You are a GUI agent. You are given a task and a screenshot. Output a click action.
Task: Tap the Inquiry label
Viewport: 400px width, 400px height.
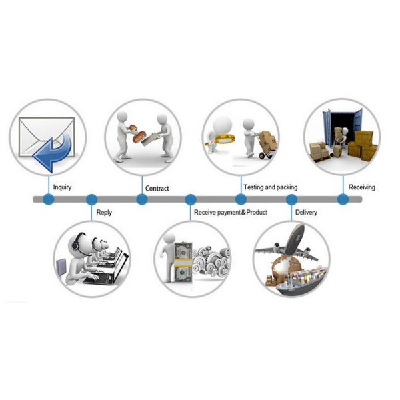(x=62, y=187)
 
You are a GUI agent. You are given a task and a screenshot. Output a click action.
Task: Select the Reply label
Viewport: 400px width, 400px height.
(x=104, y=213)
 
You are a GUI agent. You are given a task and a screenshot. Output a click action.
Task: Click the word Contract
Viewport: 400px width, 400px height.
(x=157, y=189)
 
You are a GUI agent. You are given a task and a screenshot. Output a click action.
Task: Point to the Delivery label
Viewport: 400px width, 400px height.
(x=306, y=213)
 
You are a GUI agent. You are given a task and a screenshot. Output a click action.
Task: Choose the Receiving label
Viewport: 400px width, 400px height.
(x=362, y=187)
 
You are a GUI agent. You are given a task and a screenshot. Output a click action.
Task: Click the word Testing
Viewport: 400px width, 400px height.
(x=253, y=187)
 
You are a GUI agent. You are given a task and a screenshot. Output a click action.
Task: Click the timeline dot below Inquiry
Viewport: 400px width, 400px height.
(x=49, y=199)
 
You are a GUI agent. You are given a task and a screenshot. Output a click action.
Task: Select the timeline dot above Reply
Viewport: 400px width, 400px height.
(x=91, y=199)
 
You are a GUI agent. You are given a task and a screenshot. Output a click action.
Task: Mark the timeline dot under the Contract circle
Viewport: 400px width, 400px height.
(x=142, y=199)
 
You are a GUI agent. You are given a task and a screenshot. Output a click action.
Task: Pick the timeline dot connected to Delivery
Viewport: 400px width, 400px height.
(x=291, y=199)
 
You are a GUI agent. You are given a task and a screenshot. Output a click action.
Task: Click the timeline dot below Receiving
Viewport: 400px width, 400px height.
(x=343, y=199)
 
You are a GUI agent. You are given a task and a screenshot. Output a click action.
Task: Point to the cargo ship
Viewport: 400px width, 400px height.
(x=301, y=281)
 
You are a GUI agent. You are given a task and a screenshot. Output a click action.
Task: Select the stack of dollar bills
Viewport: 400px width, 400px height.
(x=183, y=263)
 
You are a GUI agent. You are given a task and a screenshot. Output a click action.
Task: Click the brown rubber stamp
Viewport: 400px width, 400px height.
(x=138, y=133)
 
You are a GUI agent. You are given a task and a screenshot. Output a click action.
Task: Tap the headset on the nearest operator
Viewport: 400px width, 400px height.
(x=76, y=242)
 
